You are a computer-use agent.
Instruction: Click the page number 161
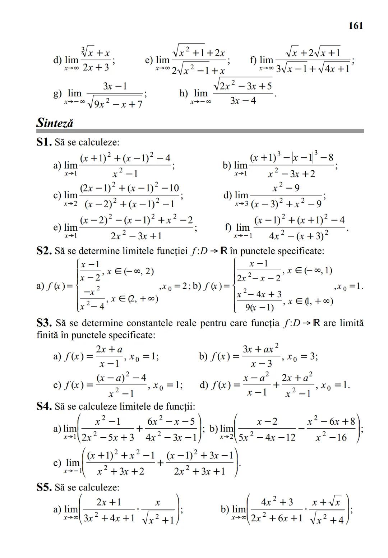356,26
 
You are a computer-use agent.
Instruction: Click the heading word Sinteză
55,123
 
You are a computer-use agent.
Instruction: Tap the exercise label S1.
44,142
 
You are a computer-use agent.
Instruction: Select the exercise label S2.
44,251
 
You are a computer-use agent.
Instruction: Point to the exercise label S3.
44,323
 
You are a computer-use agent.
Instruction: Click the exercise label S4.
44,406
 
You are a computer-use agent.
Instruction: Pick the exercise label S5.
44,488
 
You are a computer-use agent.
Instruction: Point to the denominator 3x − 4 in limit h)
243,101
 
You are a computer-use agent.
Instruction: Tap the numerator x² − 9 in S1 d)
286,188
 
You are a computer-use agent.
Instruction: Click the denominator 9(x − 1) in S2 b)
259,308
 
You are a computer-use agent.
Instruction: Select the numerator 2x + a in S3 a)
109,349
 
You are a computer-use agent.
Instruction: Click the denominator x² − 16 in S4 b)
331,437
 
